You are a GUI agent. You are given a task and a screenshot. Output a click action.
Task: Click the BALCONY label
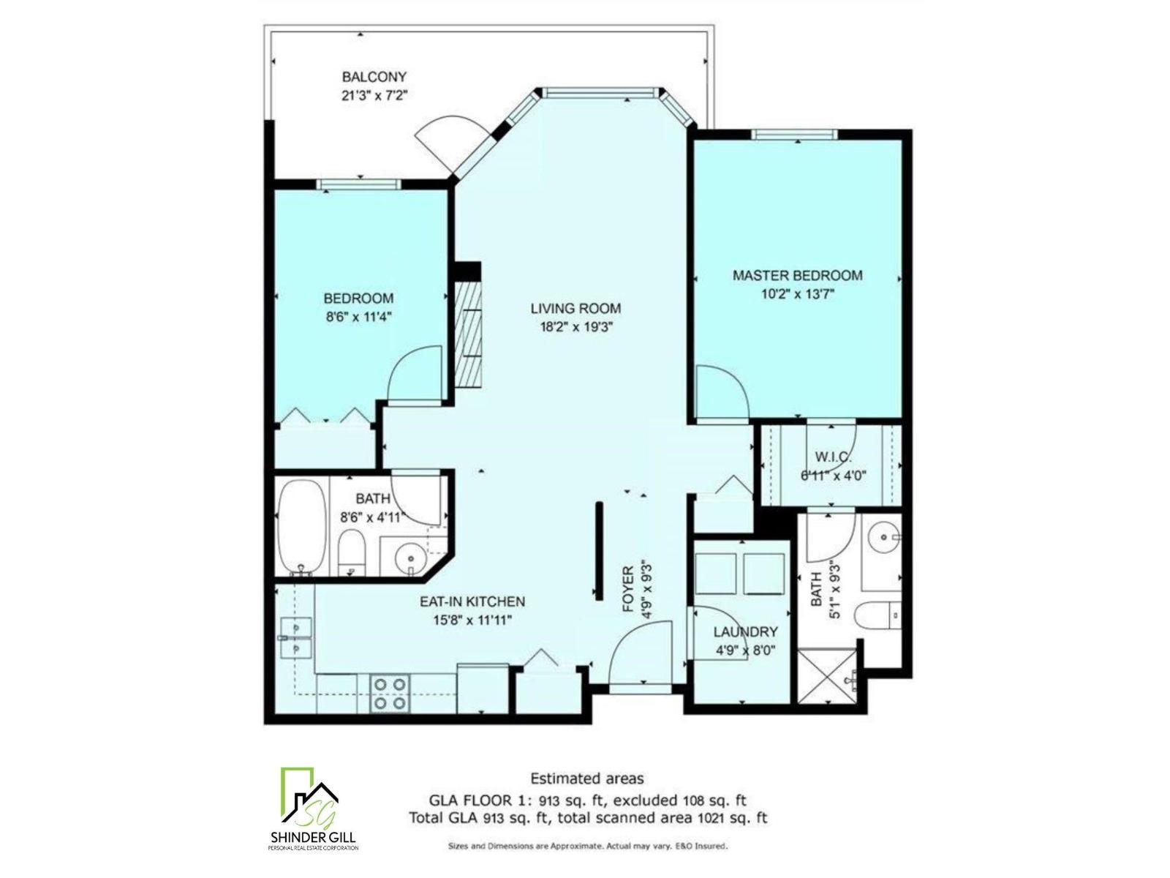[x=374, y=77]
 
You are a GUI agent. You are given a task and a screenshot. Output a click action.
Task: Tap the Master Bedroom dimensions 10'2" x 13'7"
[x=797, y=294]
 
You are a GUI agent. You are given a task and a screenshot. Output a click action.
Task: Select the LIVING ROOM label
[x=575, y=308]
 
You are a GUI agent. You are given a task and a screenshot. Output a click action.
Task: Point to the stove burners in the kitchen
[x=389, y=693]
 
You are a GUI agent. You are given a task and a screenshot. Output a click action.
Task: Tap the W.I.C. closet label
[x=833, y=457]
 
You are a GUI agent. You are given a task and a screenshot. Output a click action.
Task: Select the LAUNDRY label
[x=745, y=631]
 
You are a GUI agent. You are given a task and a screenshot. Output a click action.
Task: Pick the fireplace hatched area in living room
[x=467, y=337]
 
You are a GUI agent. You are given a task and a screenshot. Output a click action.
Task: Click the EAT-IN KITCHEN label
[x=472, y=601]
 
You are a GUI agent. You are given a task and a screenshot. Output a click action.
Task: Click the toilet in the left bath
[x=352, y=553]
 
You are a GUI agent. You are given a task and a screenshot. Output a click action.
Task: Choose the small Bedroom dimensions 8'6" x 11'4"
[x=359, y=317]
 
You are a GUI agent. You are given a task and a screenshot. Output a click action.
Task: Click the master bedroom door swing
[x=720, y=395]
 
